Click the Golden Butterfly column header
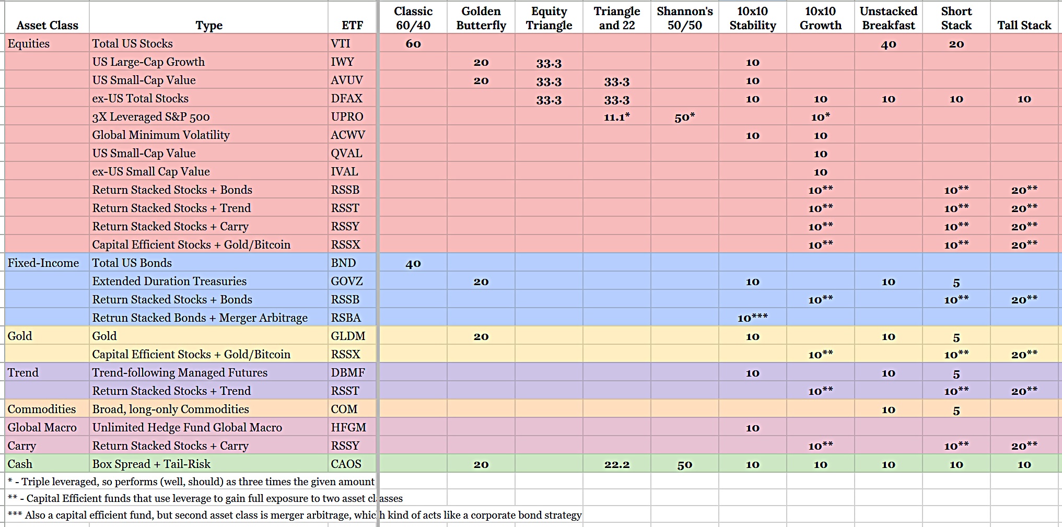(481, 18)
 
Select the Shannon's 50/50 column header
(684, 18)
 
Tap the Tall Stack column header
(1024, 25)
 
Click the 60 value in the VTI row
(413, 44)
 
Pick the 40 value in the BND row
(413, 263)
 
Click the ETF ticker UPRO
(347, 117)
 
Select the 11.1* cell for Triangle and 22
(616, 117)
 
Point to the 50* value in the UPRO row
(684, 118)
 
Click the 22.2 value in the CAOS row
(616, 464)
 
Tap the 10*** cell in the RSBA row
(752, 318)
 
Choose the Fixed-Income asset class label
(43, 263)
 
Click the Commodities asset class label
(42, 409)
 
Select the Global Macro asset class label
(42, 428)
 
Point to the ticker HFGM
(348, 428)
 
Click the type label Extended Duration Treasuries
(169, 282)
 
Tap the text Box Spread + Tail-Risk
(151, 464)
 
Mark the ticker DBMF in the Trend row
(348, 373)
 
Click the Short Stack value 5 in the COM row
(956, 411)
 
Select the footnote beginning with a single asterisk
(191, 482)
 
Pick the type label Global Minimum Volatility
(161, 135)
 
